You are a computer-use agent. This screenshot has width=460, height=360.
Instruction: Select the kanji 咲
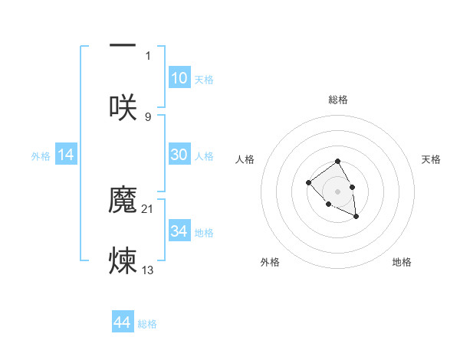coord(123,107)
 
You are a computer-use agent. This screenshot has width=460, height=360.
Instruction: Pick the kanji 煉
coord(123,260)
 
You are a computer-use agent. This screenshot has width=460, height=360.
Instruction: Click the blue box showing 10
coord(179,78)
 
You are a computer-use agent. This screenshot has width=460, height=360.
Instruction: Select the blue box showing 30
coord(179,155)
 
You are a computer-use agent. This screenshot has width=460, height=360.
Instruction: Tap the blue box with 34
coord(179,231)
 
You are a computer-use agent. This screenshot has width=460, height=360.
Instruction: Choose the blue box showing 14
coord(66,155)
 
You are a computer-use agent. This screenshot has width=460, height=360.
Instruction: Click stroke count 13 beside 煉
coord(148,269)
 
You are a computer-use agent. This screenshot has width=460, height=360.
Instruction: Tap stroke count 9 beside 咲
coord(148,116)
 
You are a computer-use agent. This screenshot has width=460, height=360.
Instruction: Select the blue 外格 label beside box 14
coord(41,155)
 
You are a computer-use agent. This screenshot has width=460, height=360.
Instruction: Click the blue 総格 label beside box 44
coord(147,324)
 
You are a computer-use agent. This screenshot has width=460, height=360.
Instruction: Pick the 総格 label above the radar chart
coord(338,100)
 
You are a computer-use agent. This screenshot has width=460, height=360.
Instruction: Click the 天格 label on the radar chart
coord(431,159)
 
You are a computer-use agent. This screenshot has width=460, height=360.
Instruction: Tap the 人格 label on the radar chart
coord(245,159)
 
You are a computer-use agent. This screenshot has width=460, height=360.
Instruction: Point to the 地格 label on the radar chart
coord(402,262)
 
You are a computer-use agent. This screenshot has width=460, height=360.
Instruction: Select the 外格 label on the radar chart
coord(270,262)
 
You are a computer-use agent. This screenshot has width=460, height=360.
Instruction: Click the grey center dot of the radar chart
coord(337,191)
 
